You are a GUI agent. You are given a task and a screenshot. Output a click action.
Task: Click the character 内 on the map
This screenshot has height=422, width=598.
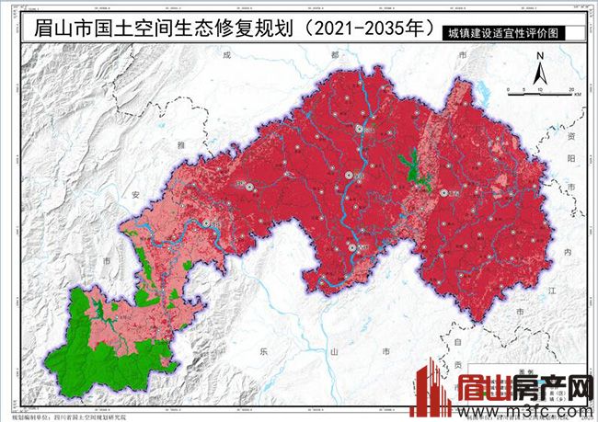(x=568, y=250)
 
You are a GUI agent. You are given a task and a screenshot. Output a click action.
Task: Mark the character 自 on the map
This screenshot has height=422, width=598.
(x=457, y=341)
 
